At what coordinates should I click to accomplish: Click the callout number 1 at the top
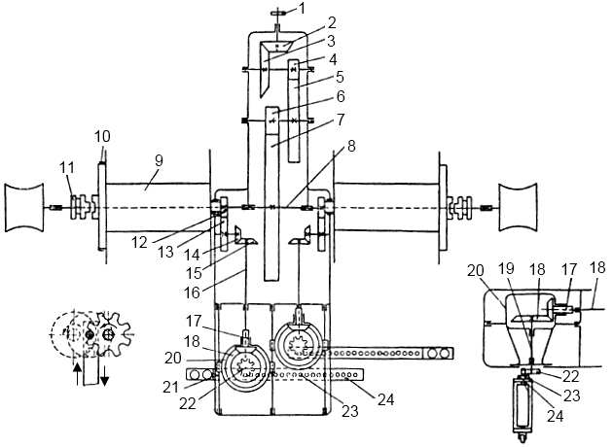click(302, 9)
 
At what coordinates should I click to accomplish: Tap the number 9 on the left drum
click(159, 161)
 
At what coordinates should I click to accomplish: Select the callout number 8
click(351, 147)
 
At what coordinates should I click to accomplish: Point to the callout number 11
click(66, 168)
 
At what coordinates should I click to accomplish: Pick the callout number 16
click(192, 292)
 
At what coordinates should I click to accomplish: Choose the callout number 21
click(170, 388)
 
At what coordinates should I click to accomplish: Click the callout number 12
click(139, 242)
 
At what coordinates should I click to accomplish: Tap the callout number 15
click(193, 273)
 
